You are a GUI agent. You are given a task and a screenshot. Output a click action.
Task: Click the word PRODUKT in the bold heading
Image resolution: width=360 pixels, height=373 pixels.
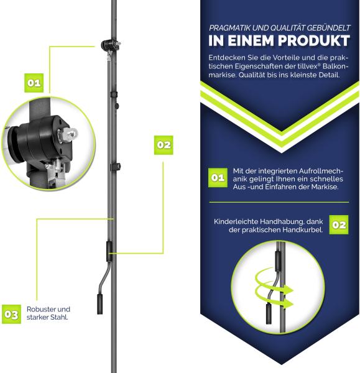click(x=314, y=40)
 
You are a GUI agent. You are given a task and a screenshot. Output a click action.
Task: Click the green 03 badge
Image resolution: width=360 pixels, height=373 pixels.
click(x=11, y=314)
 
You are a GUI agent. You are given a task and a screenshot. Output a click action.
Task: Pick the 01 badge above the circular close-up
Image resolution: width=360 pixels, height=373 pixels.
click(x=34, y=83)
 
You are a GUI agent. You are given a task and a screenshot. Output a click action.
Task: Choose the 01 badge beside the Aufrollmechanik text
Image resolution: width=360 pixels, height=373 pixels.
click(x=218, y=178)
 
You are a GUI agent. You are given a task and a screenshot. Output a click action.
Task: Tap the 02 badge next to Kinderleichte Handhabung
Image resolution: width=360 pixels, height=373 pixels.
click(x=339, y=225)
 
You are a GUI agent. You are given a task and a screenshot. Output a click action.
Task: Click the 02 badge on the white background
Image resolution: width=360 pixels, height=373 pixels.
click(x=164, y=145)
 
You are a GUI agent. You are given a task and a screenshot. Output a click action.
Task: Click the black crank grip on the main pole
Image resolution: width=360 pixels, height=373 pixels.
click(x=99, y=304)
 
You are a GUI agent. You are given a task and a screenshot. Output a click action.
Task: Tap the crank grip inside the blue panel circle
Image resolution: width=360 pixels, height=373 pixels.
click(x=269, y=314)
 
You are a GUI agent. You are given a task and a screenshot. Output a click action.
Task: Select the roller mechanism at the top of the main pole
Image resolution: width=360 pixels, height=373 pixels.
click(x=111, y=45)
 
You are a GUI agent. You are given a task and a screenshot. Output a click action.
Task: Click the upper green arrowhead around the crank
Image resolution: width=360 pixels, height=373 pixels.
click(x=289, y=290)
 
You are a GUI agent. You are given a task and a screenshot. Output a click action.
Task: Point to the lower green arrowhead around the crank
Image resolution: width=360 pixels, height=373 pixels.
click(x=289, y=303)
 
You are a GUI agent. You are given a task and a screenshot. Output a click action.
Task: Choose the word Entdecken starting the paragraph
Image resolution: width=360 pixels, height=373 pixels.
click(x=223, y=58)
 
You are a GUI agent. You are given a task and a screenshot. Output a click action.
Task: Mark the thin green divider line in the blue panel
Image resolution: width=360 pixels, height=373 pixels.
click(x=279, y=202)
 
